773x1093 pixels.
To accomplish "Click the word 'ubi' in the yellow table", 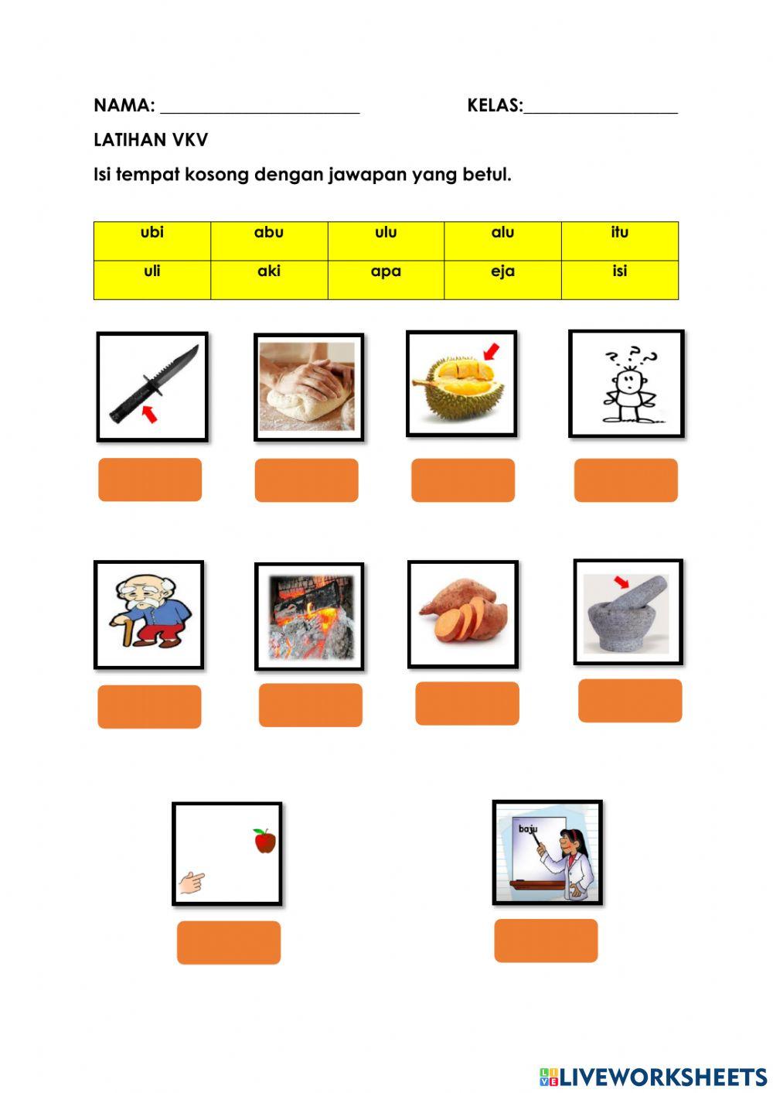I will click(152, 232).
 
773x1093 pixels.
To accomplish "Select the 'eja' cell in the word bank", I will click(502, 272).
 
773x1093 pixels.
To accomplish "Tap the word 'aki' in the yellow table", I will click(269, 272).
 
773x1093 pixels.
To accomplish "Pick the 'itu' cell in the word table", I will click(619, 232).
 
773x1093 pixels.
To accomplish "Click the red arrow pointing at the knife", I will click(149, 414).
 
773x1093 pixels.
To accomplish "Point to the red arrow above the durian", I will click(490, 353).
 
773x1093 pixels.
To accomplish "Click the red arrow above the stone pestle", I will click(621, 581).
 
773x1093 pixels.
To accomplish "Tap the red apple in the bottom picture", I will click(264, 841).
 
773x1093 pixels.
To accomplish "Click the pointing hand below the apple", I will click(191, 882).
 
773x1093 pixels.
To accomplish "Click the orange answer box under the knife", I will click(150, 480).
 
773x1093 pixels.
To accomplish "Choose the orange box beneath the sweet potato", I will click(467, 703).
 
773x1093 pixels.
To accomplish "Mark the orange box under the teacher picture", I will click(546, 941).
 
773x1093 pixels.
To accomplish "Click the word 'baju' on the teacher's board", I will click(528, 829).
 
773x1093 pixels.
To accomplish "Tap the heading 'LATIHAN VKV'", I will click(151, 140).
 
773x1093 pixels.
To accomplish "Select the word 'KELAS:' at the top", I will click(495, 106).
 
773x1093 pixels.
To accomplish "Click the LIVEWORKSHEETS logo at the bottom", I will click(653, 1077).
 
